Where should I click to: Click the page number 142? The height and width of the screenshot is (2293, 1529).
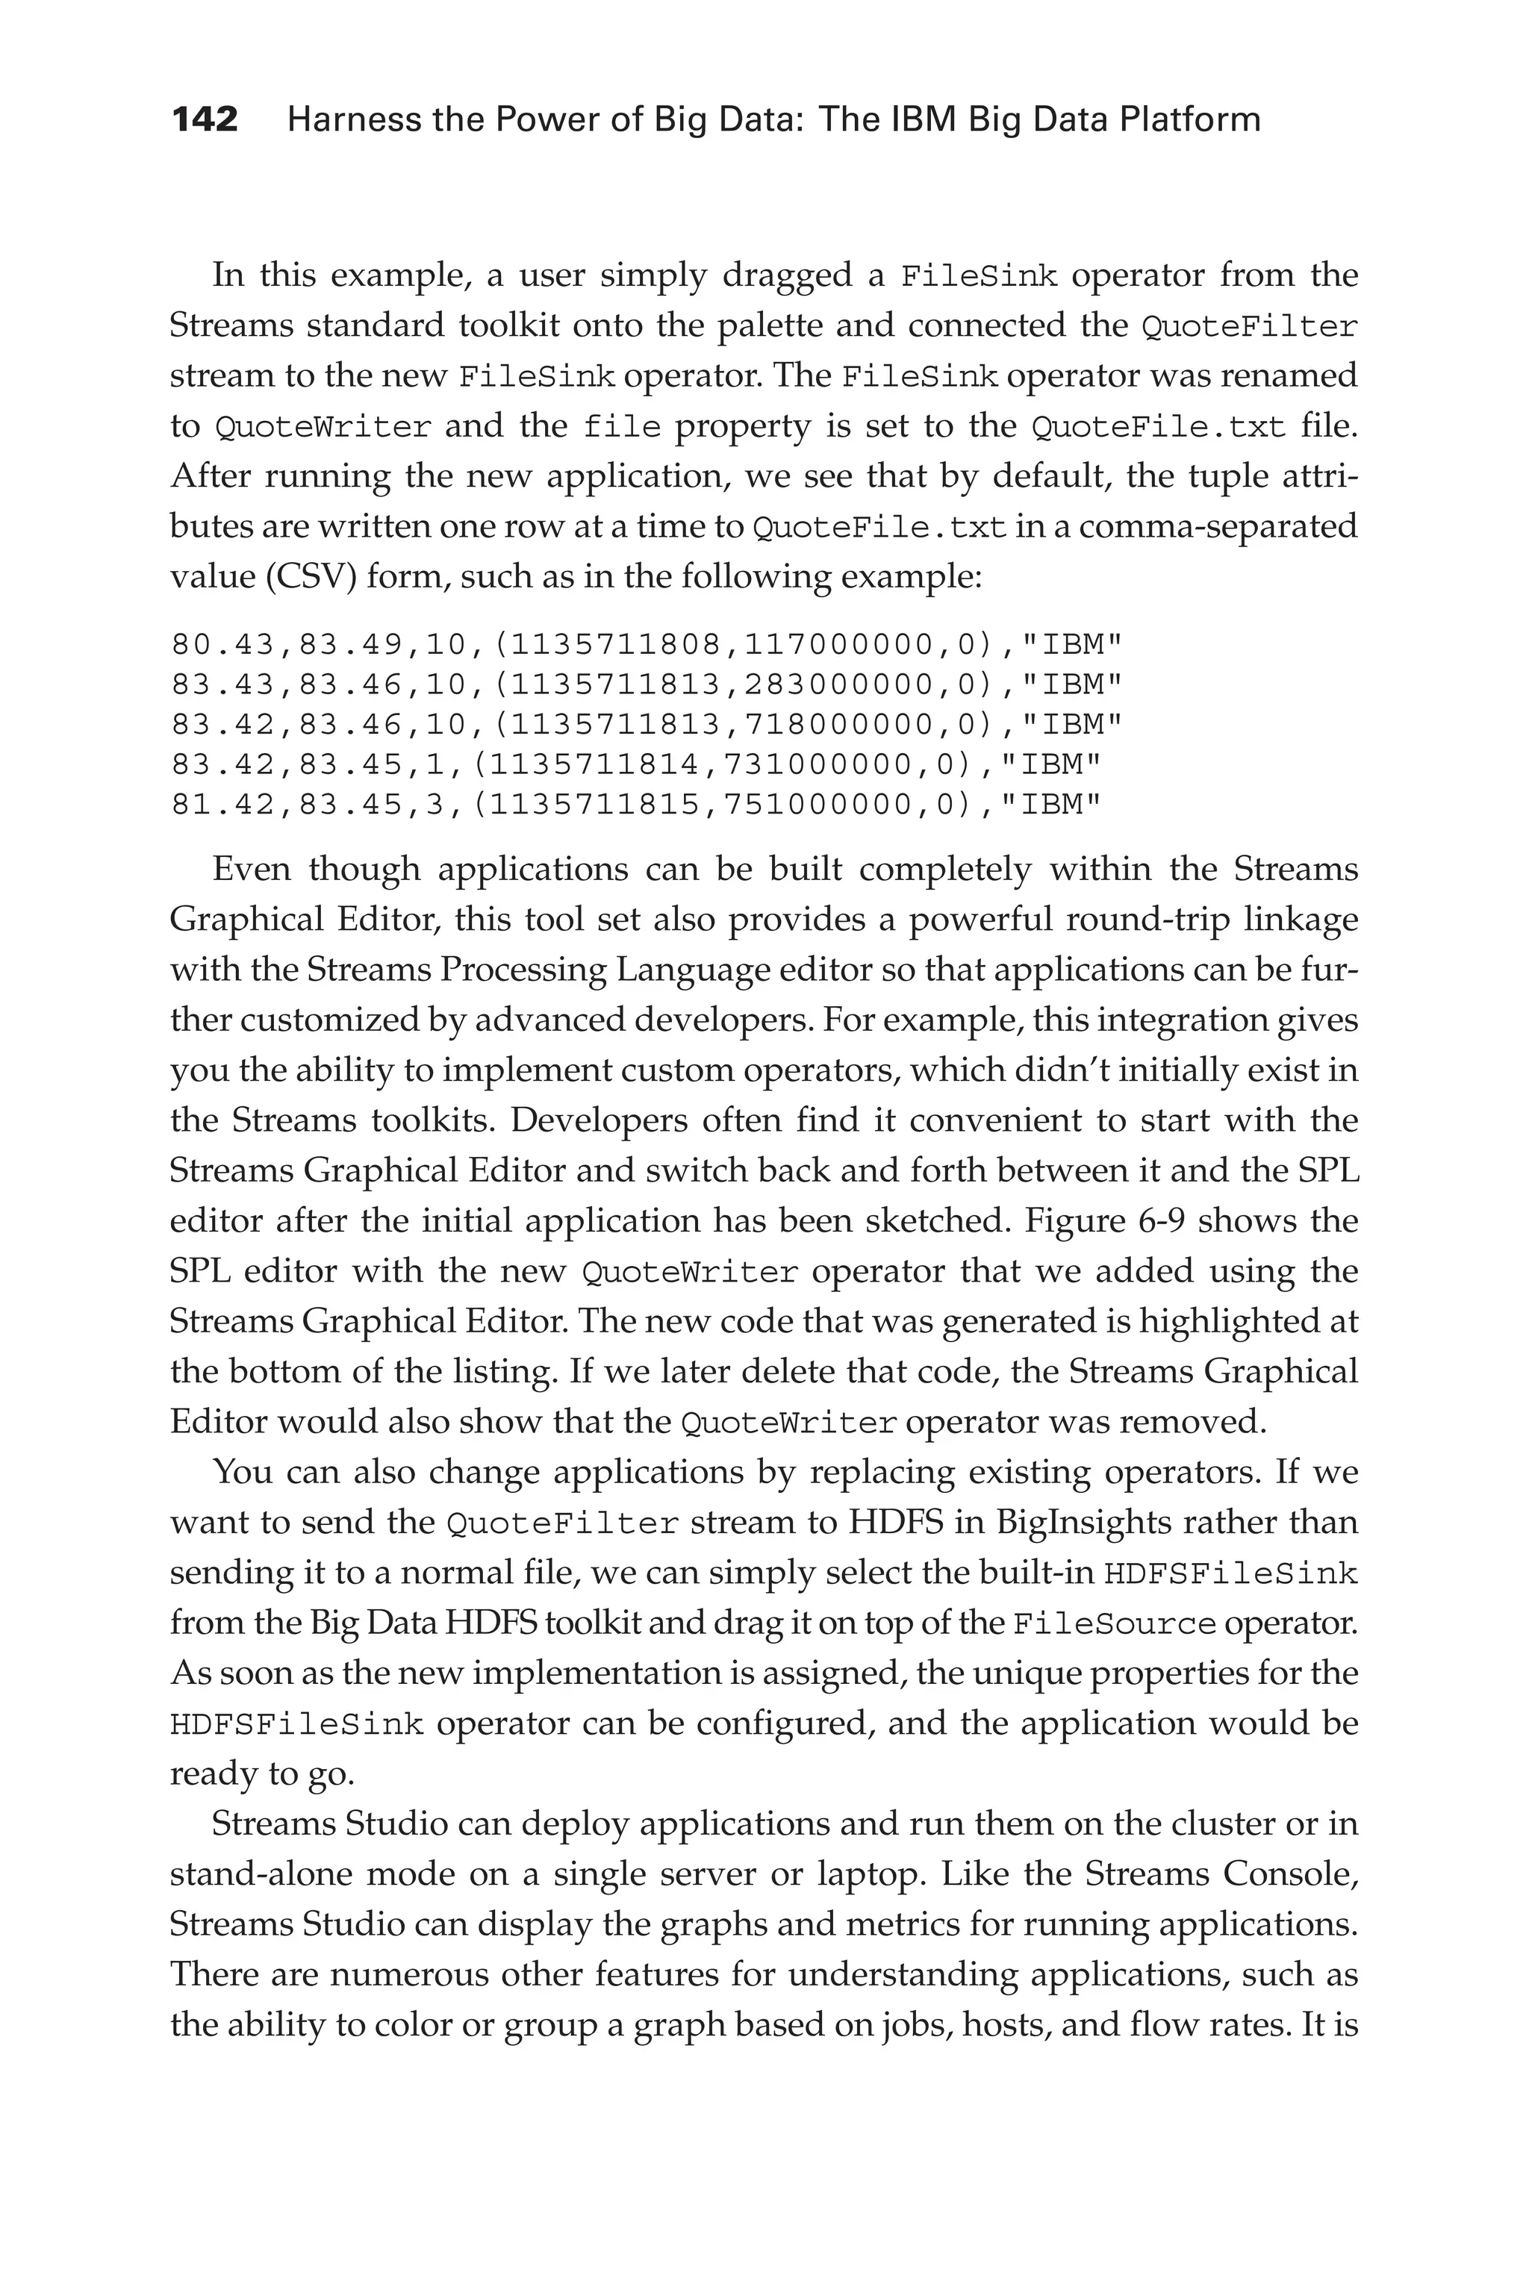click(205, 120)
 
